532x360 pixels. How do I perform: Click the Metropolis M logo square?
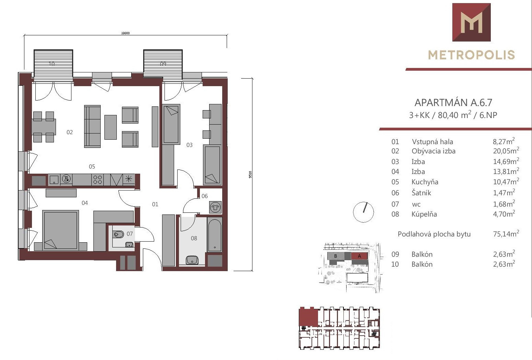pos(472,22)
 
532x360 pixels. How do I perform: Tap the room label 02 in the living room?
pos(70,132)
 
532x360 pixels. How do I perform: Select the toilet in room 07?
pos(118,234)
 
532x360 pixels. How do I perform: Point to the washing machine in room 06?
pos(215,207)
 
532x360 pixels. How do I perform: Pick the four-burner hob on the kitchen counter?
pos(98,179)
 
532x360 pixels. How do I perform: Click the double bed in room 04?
pos(60,230)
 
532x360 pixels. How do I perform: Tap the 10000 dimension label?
pos(125,33)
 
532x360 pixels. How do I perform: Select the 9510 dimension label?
pos(250,174)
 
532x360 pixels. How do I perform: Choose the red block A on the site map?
pos(359,256)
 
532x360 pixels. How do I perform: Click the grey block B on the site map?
pos(336,256)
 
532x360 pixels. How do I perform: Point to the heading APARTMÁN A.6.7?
pos(453,103)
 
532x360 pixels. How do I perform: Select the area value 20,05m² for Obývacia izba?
pos(506,151)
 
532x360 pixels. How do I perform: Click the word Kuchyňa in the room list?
pos(425,182)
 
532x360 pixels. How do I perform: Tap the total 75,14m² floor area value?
pos(506,234)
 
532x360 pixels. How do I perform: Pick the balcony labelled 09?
pos(163,63)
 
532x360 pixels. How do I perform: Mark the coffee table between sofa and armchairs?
pos(111,127)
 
